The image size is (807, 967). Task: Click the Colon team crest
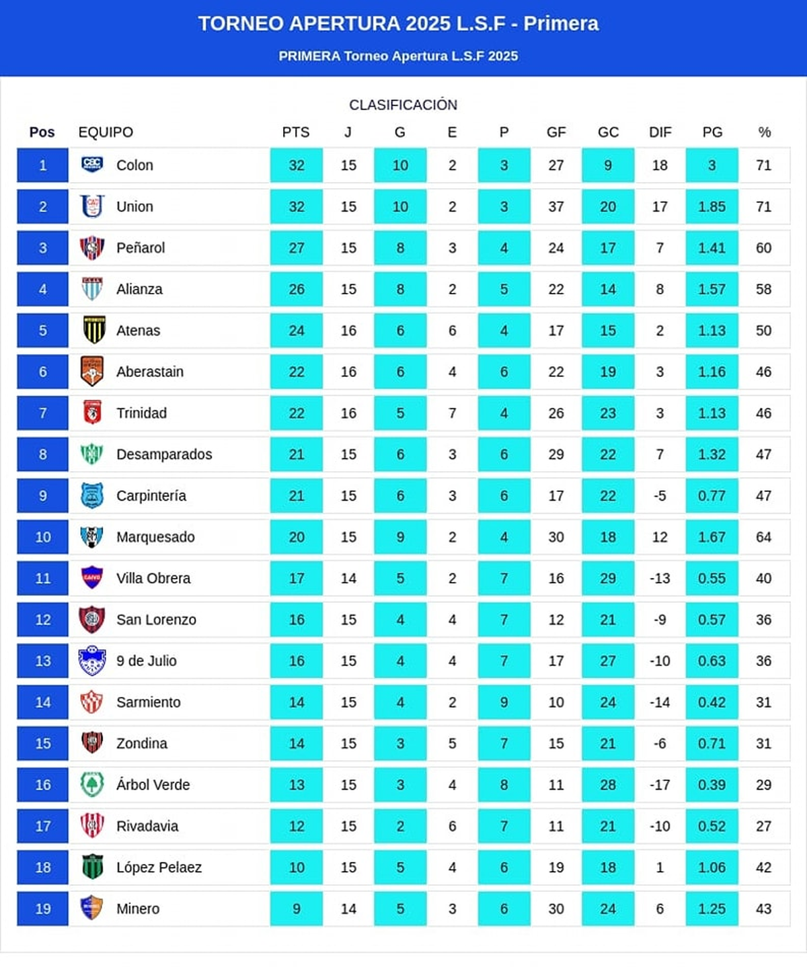coord(92,165)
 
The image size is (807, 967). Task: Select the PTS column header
coord(296,132)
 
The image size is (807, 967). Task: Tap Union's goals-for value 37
coord(555,206)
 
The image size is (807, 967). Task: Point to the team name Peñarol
coord(141,248)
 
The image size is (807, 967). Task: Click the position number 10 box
coord(42,537)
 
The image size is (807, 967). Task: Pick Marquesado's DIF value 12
coord(660,537)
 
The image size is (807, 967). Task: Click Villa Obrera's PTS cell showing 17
coord(297,578)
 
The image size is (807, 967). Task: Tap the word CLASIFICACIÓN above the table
coord(403,105)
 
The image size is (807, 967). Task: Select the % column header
coord(764,132)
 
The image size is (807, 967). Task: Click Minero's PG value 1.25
coord(712,909)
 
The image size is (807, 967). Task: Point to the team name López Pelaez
coord(159,868)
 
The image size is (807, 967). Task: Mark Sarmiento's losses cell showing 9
coord(504,702)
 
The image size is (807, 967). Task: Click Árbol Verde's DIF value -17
coord(660,785)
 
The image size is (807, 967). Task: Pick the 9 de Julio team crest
coord(92,661)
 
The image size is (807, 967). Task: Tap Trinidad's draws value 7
coord(452,413)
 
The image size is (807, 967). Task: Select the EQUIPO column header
coord(106,132)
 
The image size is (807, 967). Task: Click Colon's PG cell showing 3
coord(712,165)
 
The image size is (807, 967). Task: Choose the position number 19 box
coord(42,909)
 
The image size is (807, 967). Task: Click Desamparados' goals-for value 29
coord(555,454)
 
